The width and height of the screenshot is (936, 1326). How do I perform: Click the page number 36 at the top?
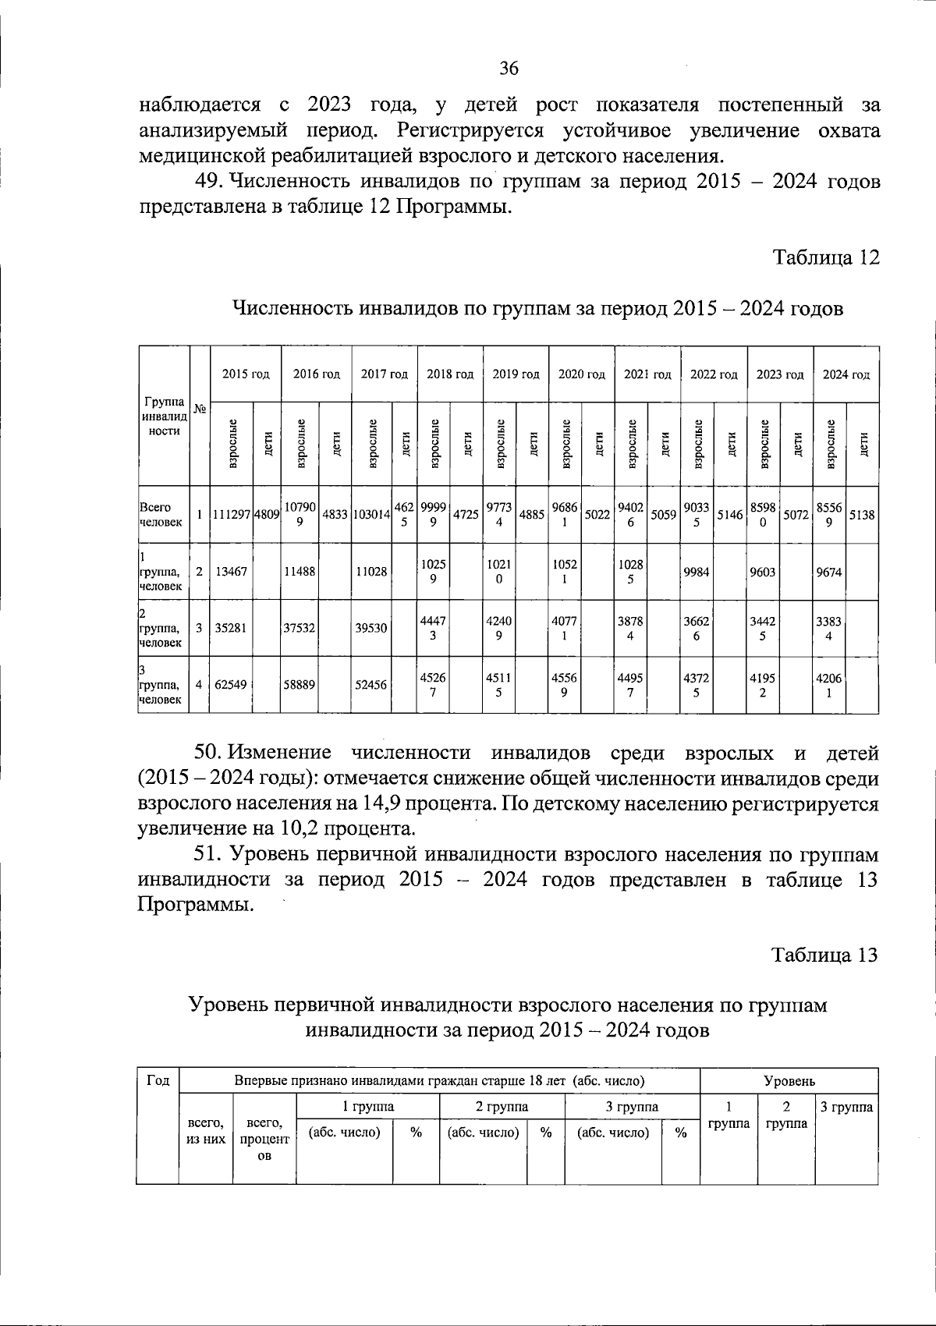tap(509, 69)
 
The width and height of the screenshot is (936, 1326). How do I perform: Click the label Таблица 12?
tap(825, 257)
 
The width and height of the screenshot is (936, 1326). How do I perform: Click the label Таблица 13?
tap(824, 955)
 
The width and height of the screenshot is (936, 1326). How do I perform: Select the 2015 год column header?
tap(246, 374)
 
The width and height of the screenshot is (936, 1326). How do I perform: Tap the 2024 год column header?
tap(846, 374)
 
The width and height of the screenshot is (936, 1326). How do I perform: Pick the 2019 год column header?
tap(516, 374)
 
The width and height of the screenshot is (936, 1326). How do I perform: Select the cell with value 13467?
tap(231, 572)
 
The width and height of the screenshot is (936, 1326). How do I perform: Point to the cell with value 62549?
tap(231, 685)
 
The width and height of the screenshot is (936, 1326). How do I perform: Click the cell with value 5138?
tap(862, 515)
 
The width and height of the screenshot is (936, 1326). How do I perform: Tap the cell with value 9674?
tap(829, 572)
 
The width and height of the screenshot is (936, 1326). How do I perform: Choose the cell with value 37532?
tap(300, 628)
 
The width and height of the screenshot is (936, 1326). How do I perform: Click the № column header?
tap(200, 409)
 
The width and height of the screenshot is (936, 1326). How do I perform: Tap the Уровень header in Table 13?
tap(789, 1081)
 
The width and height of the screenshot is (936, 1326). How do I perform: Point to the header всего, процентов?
tap(264, 1139)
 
